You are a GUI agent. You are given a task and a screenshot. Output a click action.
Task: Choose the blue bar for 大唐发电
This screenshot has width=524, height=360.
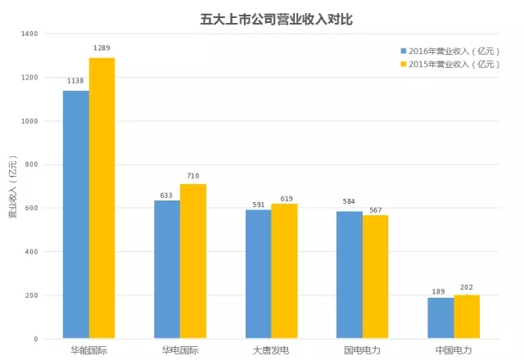point(258,274)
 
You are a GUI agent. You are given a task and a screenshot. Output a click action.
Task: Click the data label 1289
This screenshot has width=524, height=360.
point(102,48)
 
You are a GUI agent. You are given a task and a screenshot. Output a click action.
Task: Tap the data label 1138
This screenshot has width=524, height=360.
point(76,81)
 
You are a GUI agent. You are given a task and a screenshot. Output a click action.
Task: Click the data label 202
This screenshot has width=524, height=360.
point(466,286)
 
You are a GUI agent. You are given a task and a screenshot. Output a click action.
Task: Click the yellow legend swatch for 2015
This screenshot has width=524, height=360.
point(403,64)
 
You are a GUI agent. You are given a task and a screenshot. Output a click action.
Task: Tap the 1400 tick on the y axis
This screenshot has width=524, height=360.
point(29,34)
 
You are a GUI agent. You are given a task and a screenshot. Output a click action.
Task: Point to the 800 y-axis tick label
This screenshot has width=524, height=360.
point(32,165)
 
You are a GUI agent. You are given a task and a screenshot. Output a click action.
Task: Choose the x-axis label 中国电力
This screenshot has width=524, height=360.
point(453,349)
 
